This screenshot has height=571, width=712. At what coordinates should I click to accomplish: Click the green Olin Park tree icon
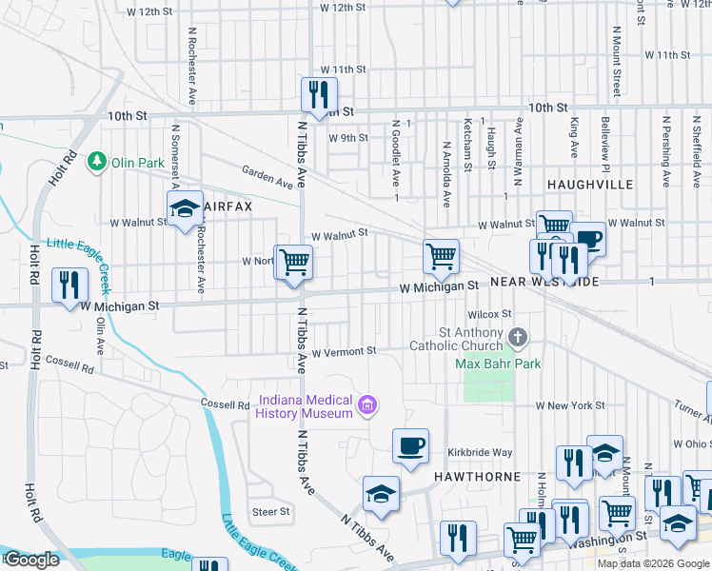pyautogui.click(x=96, y=163)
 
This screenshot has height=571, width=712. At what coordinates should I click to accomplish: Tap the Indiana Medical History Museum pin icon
pyautogui.click(x=366, y=407)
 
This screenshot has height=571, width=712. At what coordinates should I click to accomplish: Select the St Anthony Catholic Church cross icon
pyautogui.click(x=517, y=337)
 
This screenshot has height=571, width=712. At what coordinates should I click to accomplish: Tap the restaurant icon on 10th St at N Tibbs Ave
pyautogui.click(x=318, y=94)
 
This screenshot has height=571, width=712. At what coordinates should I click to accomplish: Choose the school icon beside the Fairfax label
pyautogui.click(x=185, y=209)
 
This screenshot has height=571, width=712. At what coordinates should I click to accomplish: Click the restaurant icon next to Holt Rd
pyautogui.click(x=69, y=285)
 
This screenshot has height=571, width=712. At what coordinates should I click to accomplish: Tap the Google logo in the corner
pyautogui.click(x=32, y=560)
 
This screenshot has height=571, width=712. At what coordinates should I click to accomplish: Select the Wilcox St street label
pyautogui.click(x=489, y=313)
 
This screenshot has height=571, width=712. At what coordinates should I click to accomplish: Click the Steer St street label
pyautogui.click(x=270, y=512)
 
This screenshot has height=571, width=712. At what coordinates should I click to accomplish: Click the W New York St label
pyautogui.click(x=569, y=405)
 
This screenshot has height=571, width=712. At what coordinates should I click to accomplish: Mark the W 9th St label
pyautogui.click(x=347, y=137)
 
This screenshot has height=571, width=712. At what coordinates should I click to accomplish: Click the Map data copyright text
pyautogui.click(x=652, y=562)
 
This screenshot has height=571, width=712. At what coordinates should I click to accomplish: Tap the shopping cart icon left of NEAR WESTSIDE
pyautogui.click(x=441, y=255)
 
